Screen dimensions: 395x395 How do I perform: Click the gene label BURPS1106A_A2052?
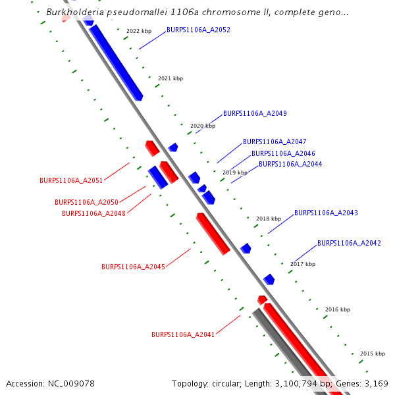click(x=198, y=30)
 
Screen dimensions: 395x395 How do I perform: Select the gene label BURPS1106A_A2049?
click(x=255, y=114)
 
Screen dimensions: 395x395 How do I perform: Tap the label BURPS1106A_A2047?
click(x=275, y=142)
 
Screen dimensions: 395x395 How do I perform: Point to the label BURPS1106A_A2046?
click(x=283, y=153)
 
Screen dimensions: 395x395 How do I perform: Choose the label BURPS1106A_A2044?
click(x=290, y=165)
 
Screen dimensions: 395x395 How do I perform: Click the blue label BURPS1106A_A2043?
click(x=326, y=213)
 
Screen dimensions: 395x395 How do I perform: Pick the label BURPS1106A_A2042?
click(x=349, y=244)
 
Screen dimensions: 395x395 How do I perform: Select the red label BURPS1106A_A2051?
click(x=71, y=180)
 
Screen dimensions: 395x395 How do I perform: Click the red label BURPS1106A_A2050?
click(x=86, y=203)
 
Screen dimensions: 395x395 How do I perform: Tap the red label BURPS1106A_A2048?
click(x=93, y=213)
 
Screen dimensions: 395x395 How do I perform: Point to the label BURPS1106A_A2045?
click(x=133, y=267)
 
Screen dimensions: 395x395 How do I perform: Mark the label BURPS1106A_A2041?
click(x=183, y=335)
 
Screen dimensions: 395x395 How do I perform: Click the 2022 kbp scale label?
click(x=138, y=31)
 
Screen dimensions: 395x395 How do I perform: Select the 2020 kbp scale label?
click(x=203, y=126)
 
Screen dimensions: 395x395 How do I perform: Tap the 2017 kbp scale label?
click(x=303, y=264)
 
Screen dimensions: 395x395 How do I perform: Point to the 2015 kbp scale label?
click(x=372, y=354)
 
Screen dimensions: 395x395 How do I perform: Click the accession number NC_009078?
click(x=70, y=383)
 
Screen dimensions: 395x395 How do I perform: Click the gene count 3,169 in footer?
click(x=377, y=383)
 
